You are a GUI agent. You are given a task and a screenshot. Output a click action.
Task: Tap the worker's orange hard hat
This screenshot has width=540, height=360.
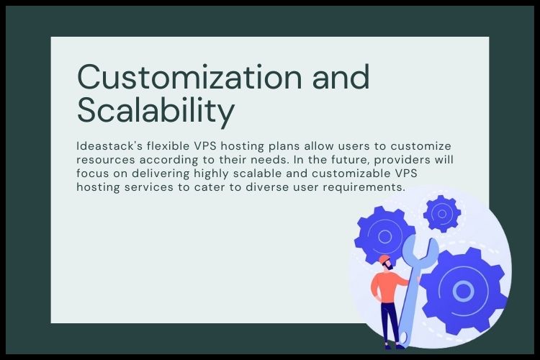[384, 258]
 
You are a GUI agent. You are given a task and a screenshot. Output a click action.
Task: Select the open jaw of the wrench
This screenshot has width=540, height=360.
[420, 249]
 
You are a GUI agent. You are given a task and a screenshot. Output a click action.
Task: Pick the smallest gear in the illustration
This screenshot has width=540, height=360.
[441, 213]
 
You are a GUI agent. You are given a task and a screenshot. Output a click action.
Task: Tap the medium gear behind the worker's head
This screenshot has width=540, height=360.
[384, 235]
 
